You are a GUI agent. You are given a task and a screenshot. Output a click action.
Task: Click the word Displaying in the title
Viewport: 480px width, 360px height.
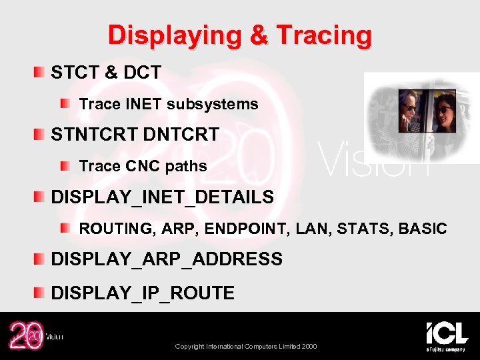tap(175, 35)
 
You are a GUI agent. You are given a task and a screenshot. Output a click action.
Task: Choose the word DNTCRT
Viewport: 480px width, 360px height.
tap(181, 135)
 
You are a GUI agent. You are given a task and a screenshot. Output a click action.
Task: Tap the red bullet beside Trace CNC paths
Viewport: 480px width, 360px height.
tap(65, 165)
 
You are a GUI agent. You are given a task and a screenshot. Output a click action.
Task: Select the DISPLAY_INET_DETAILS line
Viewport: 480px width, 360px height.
tap(162, 197)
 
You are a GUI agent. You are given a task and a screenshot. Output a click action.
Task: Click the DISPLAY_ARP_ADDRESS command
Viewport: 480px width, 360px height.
tap(167, 259)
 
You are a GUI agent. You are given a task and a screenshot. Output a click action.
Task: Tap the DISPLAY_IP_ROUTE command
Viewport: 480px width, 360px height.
tap(143, 293)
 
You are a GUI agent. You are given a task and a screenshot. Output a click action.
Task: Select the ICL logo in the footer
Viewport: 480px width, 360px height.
tap(447, 333)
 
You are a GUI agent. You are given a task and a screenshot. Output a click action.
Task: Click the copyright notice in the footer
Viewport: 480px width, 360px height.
tap(246, 347)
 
